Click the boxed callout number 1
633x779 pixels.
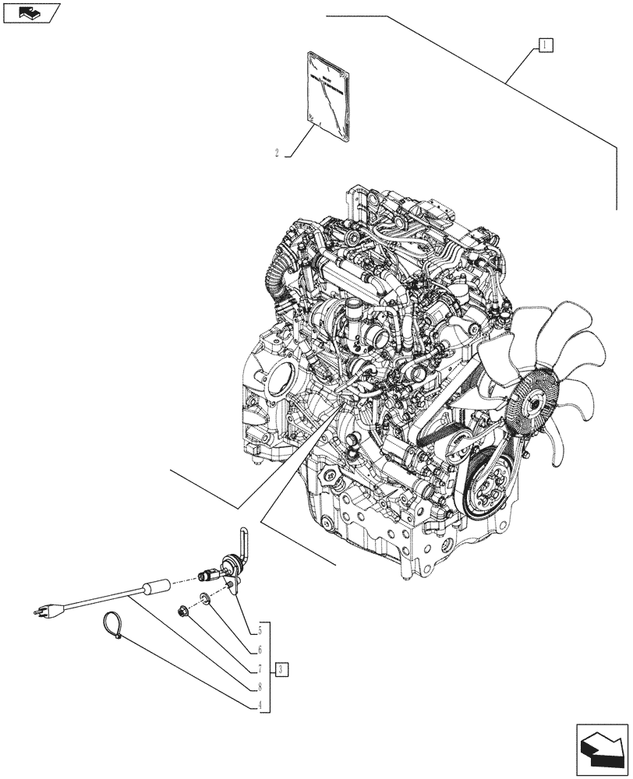click(x=544, y=44)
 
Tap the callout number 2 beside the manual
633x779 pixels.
click(x=277, y=153)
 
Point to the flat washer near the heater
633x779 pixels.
click(x=204, y=599)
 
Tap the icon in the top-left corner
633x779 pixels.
click(x=30, y=12)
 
